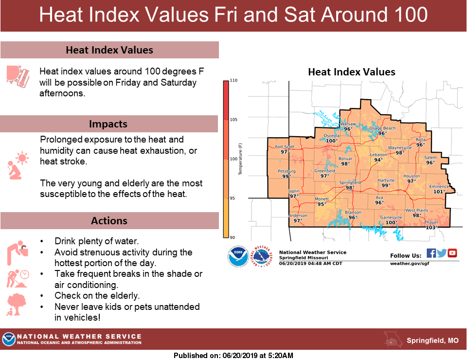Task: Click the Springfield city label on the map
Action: pyautogui.click(x=350, y=182)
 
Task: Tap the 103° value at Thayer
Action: pyautogui.click(x=431, y=228)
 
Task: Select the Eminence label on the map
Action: pyautogui.click(x=439, y=186)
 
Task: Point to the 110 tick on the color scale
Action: pyautogui.click(x=234, y=80)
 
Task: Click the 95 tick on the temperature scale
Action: pyautogui.click(x=233, y=198)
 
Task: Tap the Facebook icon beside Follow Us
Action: pyautogui.click(x=431, y=253)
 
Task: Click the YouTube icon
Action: pyautogui.click(x=452, y=253)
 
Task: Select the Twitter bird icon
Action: pyautogui.click(x=442, y=253)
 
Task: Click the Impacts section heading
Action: pyautogui.click(x=108, y=124)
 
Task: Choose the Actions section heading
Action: pyautogui.click(x=109, y=221)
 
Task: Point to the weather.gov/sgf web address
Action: pyautogui.click(x=410, y=264)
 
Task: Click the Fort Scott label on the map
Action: pyautogui.click(x=285, y=146)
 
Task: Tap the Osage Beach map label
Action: pyautogui.click(x=382, y=128)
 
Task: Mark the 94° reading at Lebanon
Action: pyautogui.click(x=378, y=160)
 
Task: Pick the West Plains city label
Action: pyautogui.click(x=417, y=210)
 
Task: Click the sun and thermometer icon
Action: pyautogui.click(x=18, y=76)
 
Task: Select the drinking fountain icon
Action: pyautogui.click(x=18, y=253)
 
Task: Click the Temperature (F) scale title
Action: pyautogui.click(x=240, y=159)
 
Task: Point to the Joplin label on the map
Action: pyautogui.click(x=294, y=191)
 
